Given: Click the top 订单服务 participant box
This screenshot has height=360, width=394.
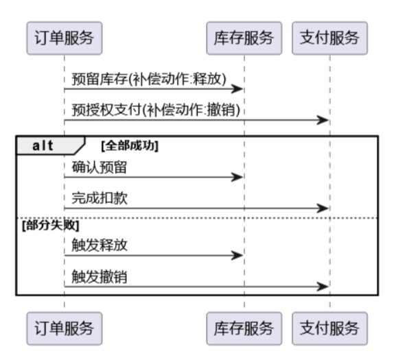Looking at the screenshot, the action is [x=65, y=38].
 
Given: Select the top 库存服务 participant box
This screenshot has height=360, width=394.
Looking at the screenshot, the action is [x=244, y=38].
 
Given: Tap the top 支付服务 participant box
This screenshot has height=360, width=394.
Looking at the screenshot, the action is [x=329, y=38].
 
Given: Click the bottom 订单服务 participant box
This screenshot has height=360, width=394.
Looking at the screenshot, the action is [x=65, y=328].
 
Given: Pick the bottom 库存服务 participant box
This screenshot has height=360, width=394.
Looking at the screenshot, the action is [x=244, y=328].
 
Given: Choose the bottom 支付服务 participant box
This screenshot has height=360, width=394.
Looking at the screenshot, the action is [x=329, y=328].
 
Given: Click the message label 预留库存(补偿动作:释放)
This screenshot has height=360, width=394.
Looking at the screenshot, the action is [x=149, y=79].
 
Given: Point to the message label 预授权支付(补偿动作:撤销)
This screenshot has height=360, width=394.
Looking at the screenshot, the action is [x=156, y=110].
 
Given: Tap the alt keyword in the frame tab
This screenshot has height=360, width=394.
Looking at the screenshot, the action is [x=43, y=145].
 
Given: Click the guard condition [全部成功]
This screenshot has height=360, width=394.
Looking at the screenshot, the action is [x=130, y=145].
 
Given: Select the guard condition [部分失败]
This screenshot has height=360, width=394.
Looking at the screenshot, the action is [x=51, y=225].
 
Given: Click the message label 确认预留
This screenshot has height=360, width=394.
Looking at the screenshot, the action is [x=100, y=167].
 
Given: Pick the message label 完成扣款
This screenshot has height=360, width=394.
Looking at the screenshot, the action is [x=100, y=198].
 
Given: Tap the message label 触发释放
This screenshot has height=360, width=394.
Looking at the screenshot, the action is [x=100, y=245].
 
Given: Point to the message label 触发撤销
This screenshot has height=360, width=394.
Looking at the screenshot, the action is [x=100, y=276].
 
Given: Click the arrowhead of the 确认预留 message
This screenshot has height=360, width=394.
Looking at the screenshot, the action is [x=237, y=177].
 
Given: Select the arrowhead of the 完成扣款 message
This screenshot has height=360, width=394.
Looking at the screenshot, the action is [x=323, y=208].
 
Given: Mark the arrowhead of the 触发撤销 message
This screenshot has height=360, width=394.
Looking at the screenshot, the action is [x=323, y=287].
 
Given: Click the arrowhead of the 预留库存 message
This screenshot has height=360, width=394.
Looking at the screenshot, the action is [x=237, y=88].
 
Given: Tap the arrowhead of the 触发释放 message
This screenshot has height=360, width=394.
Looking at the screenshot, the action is [x=237, y=255].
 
